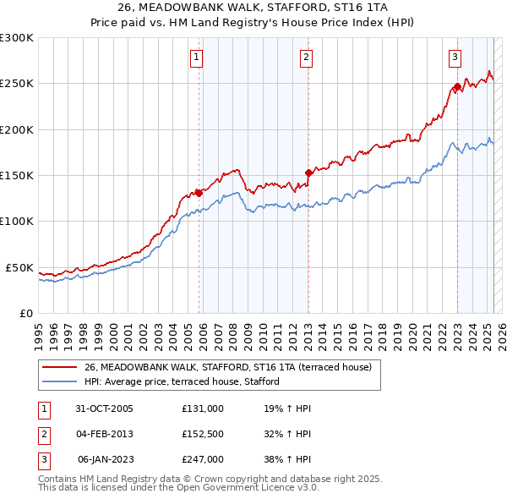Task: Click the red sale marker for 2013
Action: click(308, 173)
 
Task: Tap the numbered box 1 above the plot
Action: click(196, 58)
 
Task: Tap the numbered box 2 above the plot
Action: click(305, 58)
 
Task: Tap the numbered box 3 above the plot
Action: click(455, 58)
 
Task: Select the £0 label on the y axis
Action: click(25, 313)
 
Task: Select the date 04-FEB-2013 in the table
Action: click(105, 434)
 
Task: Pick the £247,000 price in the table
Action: click(203, 459)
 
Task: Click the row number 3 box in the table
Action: click(43, 459)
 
